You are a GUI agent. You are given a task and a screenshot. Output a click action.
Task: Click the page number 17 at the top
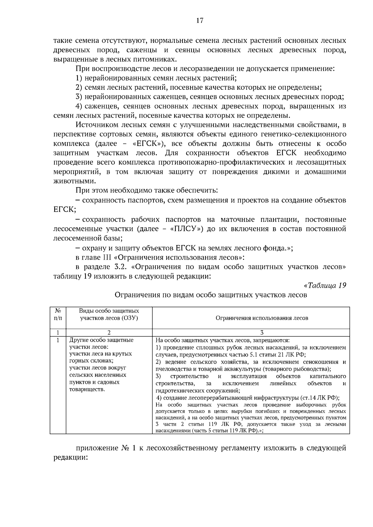[200, 21]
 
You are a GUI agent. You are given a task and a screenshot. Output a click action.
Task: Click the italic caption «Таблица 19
[325, 285]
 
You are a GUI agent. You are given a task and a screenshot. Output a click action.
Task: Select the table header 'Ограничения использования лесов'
[262, 318]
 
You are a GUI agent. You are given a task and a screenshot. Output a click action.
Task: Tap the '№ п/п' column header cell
[58, 314]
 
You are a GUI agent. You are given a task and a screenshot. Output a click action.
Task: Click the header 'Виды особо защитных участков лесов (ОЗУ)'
[109, 314]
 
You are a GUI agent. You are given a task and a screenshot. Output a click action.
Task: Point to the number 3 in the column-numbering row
[262, 332]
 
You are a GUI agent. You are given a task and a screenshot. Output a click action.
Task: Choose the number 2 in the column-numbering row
[109, 332]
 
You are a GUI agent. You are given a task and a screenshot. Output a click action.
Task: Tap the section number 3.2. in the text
[122, 267]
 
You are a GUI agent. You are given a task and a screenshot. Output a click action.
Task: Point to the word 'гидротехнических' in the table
[176, 391]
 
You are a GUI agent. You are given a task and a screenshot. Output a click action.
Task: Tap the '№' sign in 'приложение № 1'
[123, 448]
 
